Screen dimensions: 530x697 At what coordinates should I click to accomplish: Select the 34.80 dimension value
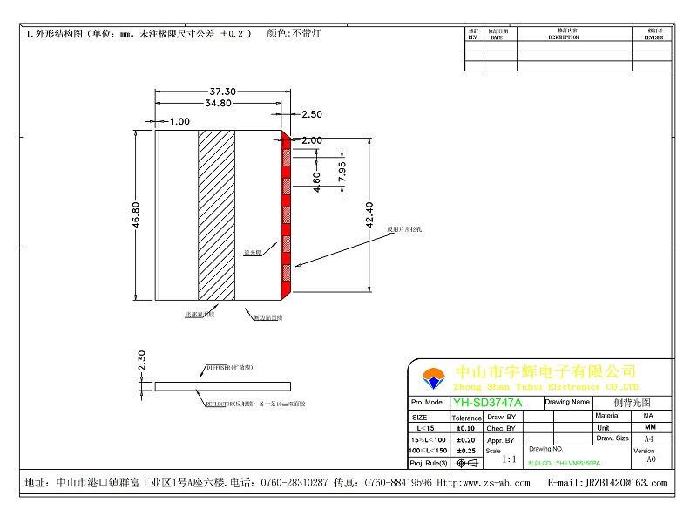pos(218,103)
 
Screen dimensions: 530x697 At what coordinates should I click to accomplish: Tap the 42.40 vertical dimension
pos(369,213)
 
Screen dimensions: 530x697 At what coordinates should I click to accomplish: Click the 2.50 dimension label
pos(311,114)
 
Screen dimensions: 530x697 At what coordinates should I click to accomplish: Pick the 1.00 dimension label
pos(179,121)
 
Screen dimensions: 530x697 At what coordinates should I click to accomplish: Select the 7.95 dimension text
pos(342,171)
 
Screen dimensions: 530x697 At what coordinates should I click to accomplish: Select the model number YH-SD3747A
pos(487,403)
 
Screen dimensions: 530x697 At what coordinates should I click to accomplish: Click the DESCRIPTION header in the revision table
pos(564,37)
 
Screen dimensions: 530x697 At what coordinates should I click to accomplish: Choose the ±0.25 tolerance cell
pos(466,451)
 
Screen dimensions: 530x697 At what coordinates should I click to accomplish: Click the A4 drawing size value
pos(648,439)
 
